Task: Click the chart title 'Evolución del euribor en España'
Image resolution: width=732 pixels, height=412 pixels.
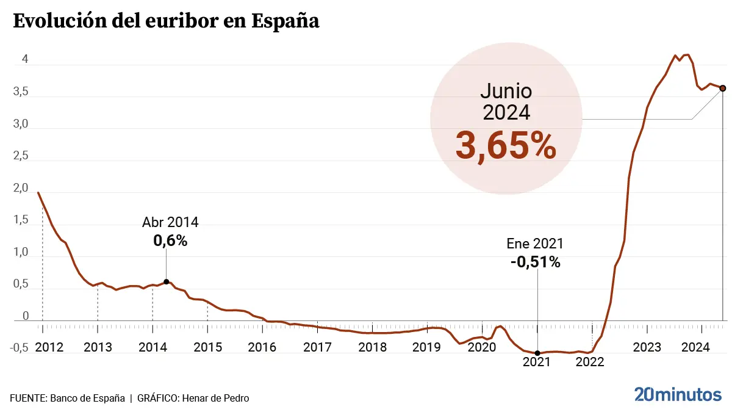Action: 166,21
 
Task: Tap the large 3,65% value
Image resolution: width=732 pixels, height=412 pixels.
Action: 506,146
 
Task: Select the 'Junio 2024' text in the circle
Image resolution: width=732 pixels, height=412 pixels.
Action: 506,101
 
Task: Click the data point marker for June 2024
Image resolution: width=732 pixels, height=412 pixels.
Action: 723,89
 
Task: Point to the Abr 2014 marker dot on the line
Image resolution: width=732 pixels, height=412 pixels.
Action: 167,281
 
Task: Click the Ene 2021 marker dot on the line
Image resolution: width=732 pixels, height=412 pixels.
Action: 537,353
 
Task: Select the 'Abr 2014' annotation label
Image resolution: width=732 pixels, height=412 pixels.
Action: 170,222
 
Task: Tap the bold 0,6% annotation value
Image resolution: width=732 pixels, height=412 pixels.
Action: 170,241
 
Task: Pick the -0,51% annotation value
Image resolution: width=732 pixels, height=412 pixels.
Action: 535,262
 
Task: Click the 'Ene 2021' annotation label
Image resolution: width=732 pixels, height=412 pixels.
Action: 535,244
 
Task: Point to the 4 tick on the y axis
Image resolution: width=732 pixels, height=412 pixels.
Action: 25,59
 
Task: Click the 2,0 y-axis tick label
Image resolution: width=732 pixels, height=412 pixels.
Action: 21,189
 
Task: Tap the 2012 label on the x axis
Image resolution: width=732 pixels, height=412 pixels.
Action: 49,347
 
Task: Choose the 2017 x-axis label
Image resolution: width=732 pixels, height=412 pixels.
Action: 317,347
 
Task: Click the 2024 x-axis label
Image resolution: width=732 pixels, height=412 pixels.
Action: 695,347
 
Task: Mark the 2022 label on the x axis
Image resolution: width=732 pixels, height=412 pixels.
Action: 590,361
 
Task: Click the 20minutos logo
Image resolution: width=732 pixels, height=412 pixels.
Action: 678,394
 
